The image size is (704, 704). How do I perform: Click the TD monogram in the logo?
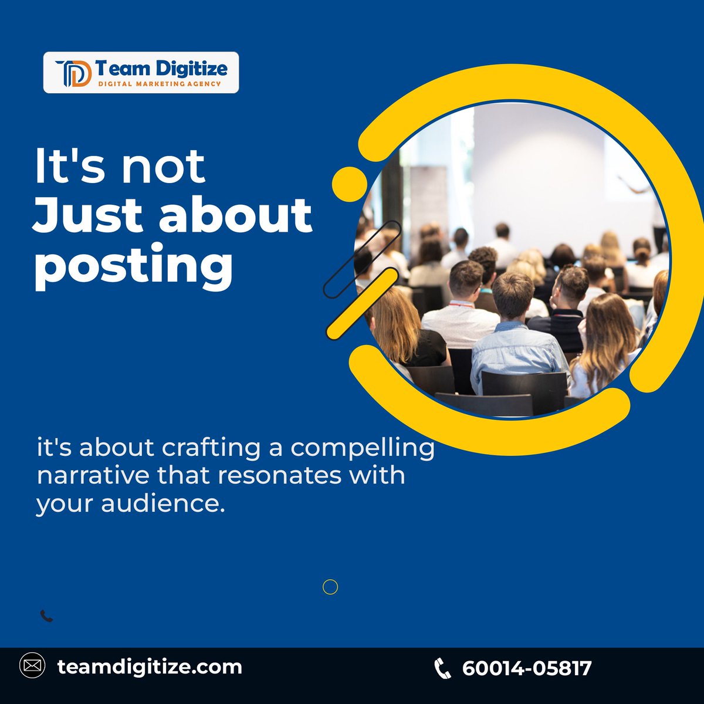coord(73,73)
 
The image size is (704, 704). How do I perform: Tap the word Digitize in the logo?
coord(191,69)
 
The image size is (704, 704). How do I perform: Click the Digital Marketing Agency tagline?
coord(160,84)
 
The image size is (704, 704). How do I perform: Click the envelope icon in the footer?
coord(32,666)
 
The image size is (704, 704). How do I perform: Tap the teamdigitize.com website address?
coord(150,666)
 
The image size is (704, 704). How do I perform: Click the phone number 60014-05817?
coord(527,668)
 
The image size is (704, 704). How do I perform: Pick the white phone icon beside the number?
coord(442,668)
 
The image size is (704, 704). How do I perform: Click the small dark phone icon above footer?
coord(46,616)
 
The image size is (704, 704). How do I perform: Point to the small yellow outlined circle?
coord(330,587)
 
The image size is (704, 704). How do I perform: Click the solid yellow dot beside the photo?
coord(349,184)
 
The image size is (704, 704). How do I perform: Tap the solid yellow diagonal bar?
coord(362,303)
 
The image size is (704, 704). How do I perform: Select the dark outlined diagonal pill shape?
coord(362,258)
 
